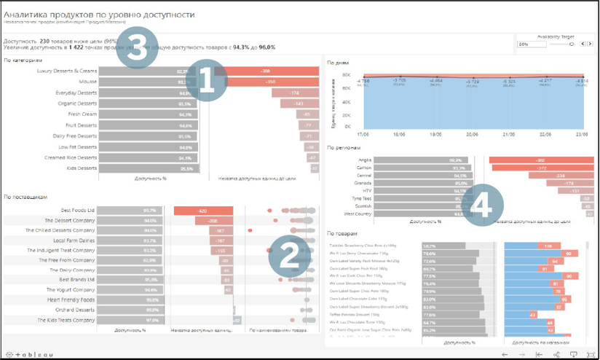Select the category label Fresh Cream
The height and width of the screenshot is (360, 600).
tap(82, 114)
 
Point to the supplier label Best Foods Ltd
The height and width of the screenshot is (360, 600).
tap(78, 210)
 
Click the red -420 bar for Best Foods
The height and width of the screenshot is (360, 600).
tap(203, 210)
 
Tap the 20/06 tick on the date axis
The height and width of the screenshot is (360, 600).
tap(473, 134)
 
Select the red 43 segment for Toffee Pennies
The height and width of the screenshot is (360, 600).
tap(533, 315)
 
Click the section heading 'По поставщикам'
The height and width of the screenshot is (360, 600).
tap(25, 197)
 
